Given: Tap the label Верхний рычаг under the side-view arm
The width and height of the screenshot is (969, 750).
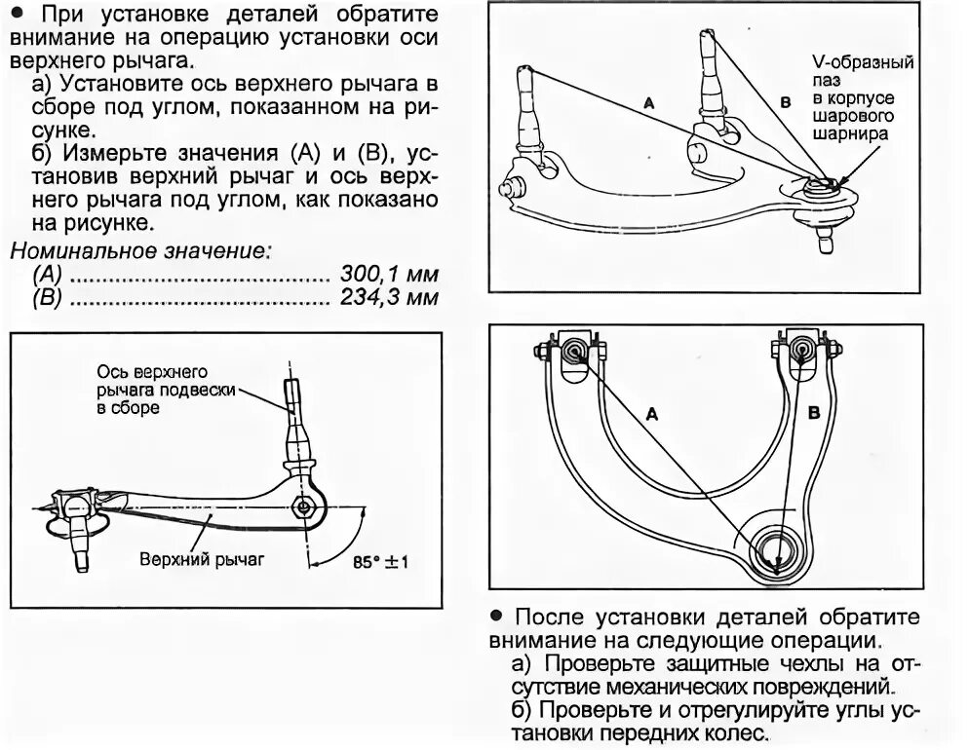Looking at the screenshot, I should [x=202, y=560].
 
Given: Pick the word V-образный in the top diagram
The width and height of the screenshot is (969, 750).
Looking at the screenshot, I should [x=863, y=63].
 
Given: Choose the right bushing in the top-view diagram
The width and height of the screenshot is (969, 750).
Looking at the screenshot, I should [x=800, y=349].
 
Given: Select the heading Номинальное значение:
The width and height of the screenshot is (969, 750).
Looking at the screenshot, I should [x=140, y=251].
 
